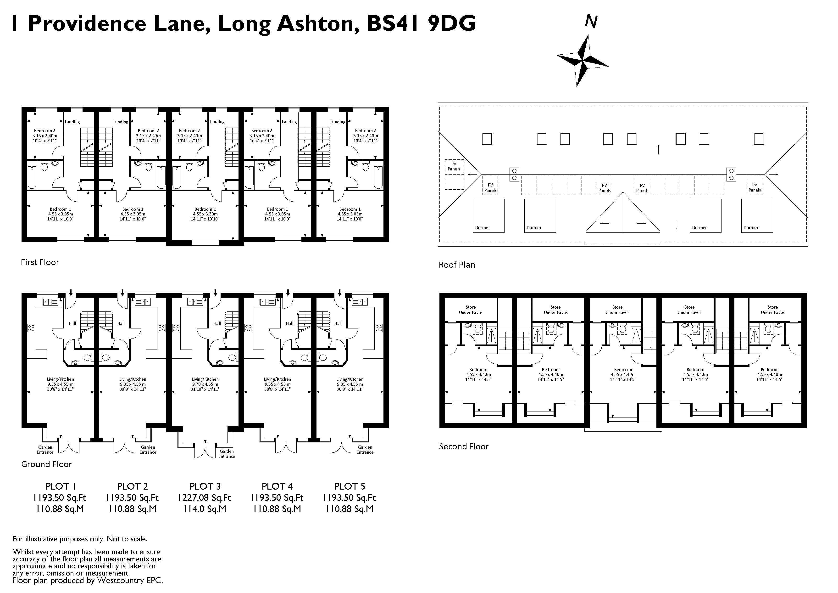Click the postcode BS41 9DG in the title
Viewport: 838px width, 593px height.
click(x=421, y=23)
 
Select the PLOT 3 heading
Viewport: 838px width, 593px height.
click(x=205, y=486)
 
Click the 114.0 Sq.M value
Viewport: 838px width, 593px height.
click(x=205, y=509)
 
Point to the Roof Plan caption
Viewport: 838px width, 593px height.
click(x=457, y=265)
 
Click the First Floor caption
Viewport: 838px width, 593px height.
click(x=40, y=262)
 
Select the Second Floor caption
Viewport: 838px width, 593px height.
click(x=464, y=446)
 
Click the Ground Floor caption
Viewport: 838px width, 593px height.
click(x=46, y=464)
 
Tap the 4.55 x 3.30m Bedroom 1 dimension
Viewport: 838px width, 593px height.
click(x=205, y=214)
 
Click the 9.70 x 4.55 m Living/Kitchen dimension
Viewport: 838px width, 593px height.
click(x=205, y=384)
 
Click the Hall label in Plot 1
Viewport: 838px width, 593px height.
click(x=72, y=323)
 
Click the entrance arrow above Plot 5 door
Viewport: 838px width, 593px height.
click(x=339, y=293)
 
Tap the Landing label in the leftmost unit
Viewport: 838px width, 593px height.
click(x=72, y=122)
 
